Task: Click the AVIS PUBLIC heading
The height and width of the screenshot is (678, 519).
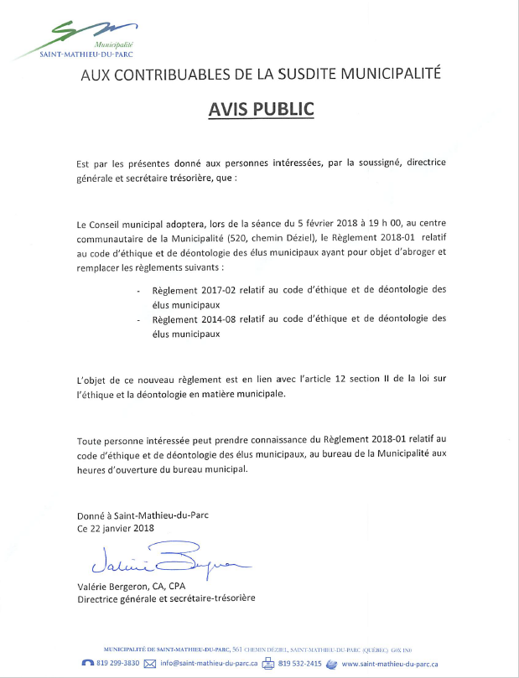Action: (x=259, y=109)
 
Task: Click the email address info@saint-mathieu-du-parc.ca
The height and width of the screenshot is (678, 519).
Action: (x=207, y=663)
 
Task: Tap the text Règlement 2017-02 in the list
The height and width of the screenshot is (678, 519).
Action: (x=188, y=289)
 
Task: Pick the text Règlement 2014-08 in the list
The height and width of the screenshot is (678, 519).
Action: (x=188, y=318)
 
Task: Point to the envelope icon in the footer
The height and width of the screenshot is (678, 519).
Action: (x=151, y=663)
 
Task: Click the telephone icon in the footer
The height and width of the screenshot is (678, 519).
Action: (x=88, y=663)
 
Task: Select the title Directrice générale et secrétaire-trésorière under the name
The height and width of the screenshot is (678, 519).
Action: (x=166, y=599)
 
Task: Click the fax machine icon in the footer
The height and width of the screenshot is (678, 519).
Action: (x=268, y=663)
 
